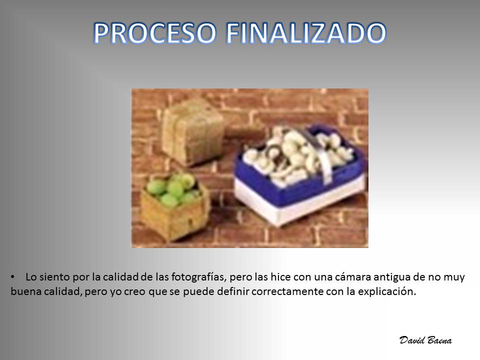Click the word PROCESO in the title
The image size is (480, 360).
pyautogui.click(x=155, y=33)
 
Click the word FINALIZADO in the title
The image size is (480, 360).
pyautogui.click(x=306, y=33)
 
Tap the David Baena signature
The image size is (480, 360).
pyautogui.click(x=425, y=340)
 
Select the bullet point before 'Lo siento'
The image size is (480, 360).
pyautogui.click(x=12, y=277)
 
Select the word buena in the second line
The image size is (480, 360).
pyautogui.click(x=25, y=291)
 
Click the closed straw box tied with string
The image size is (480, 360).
pyautogui.click(x=193, y=131)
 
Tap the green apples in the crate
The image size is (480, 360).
pyautogui.click(x=172, y=189)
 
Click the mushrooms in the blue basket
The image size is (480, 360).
pyautogui.click(x=294, y=156)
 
